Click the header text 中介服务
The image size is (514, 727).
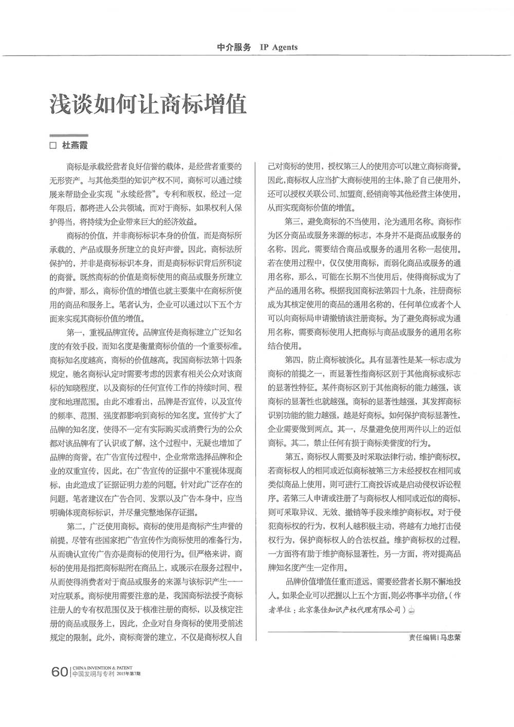tap(234, 47)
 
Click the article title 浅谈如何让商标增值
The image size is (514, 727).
tap(148, 104)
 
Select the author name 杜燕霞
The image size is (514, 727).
tap(75, 146)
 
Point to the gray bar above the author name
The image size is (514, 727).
tap(68, 135)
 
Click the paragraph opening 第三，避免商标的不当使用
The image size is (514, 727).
tap(329, 222)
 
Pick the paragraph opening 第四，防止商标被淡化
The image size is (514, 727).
tap(318, 359)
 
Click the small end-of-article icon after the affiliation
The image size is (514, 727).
tap(412, 611)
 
